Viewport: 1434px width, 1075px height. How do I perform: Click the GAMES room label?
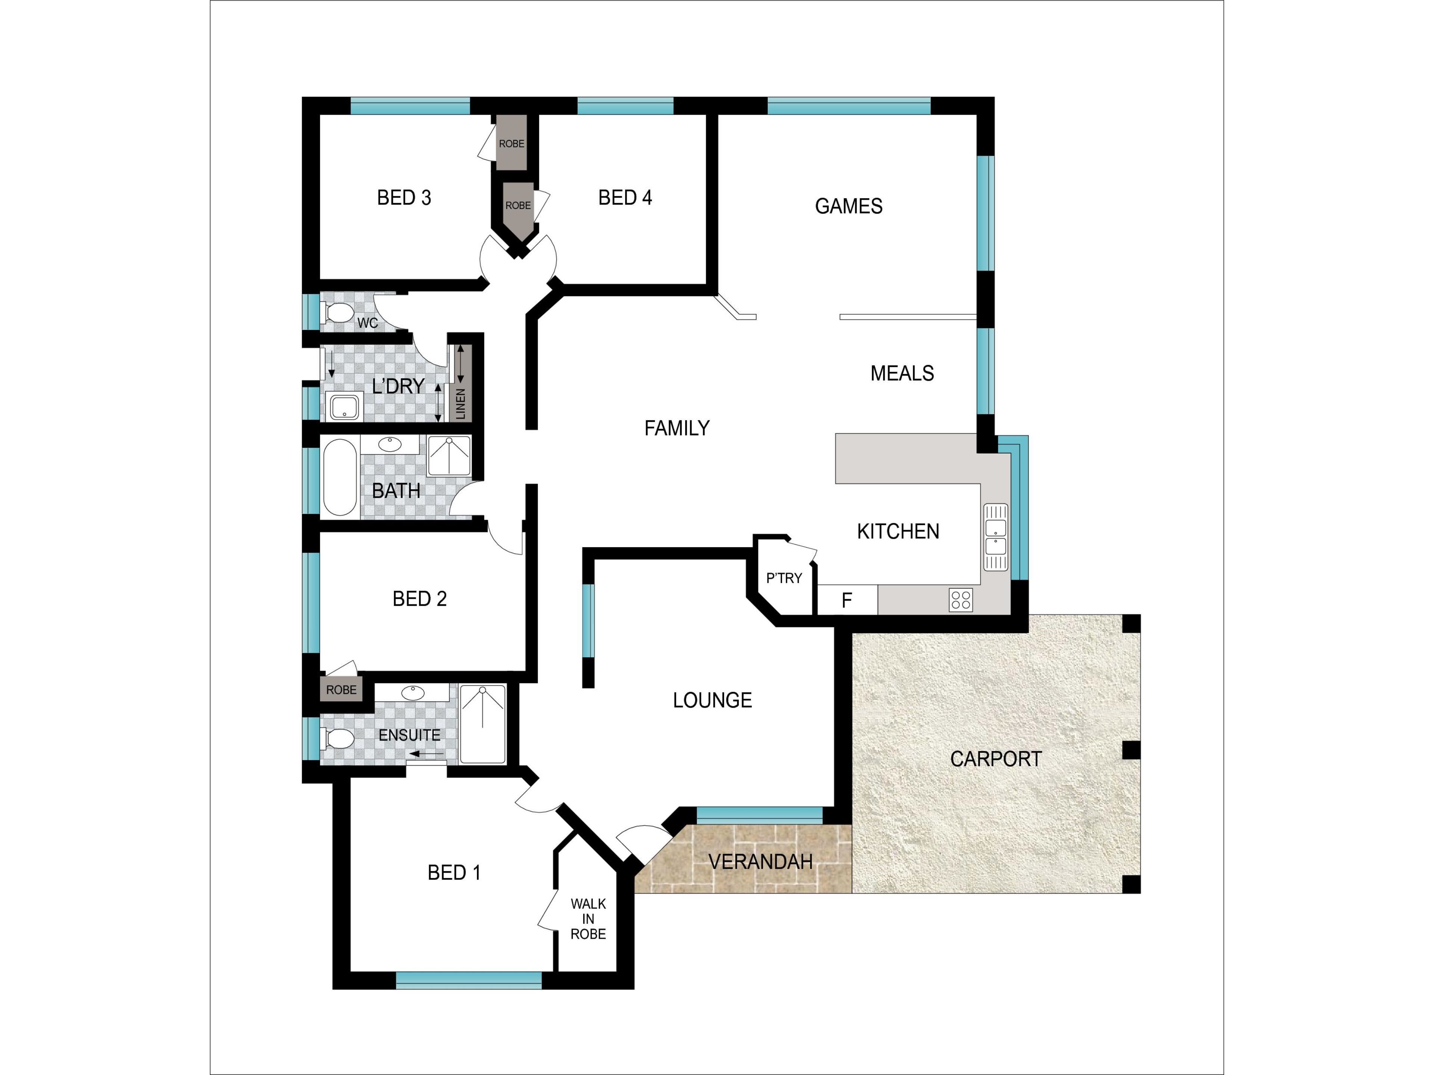pos(848,206)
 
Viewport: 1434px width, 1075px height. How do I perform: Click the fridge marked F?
pos(847,600)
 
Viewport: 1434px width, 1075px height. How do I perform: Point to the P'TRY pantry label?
pos(784,578)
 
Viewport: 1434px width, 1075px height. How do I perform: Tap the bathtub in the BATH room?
pos(340,477)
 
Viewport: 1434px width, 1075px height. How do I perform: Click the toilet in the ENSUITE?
pos(338,738)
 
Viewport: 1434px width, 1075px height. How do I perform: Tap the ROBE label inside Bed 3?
pos(512,144)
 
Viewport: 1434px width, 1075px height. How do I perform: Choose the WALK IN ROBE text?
pos(588,919)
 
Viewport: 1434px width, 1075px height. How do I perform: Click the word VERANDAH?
pos(760,862)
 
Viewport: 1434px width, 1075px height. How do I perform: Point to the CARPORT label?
pos(996,759)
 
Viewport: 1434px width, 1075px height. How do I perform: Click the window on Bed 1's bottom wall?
pos(469,981)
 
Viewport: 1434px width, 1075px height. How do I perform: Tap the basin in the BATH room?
pos(389,444)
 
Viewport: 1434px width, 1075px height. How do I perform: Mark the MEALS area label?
pos(902,373)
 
